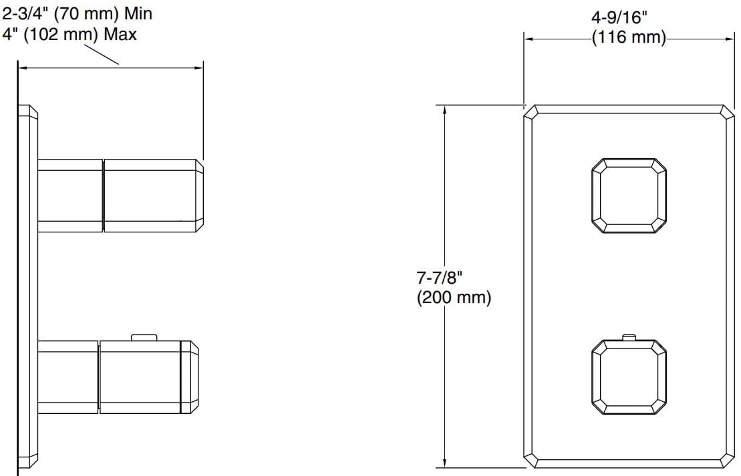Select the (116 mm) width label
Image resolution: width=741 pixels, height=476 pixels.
pos(628,37)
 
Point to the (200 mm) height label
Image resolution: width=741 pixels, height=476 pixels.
pos(454,298)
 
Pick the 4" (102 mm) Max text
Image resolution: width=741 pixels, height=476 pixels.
pos(69,33)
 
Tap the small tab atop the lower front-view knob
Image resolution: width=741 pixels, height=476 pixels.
pos(629,336)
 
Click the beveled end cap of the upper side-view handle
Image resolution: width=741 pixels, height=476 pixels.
pos(199,196)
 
